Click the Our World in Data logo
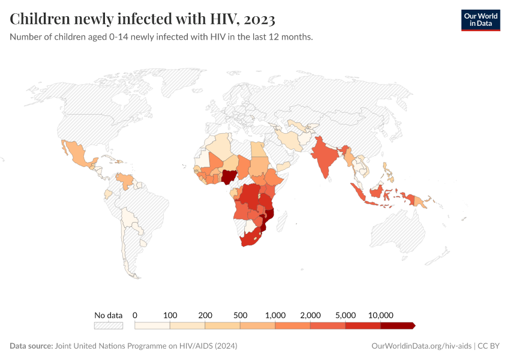(480, 20)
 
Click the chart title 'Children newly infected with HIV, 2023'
(143, 19)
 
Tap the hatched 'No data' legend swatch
(108, 325)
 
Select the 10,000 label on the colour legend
(380, 315)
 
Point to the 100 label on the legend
(170, 315)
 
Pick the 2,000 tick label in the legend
(310, 315)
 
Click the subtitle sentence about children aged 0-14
(161, 37)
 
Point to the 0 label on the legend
(135, 315)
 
